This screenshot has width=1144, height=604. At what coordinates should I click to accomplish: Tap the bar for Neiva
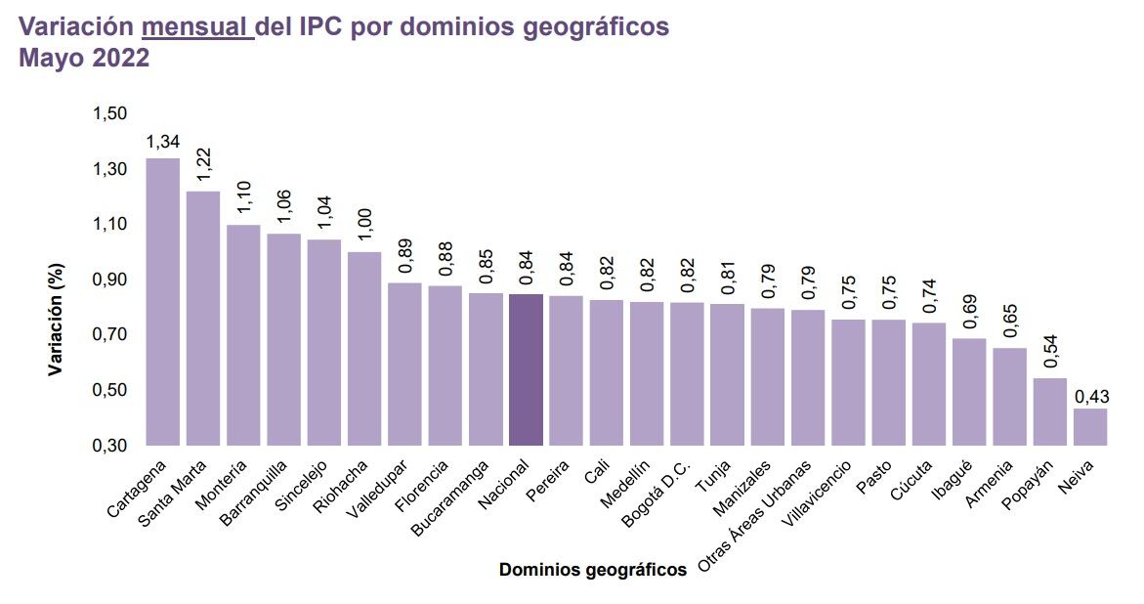click(1090, 427)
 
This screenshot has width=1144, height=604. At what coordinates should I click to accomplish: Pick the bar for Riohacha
click(364, 348)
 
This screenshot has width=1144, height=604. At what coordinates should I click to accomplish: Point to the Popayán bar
click(1050, 411)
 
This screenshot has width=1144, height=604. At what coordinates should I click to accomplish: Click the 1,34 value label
click(162, 143)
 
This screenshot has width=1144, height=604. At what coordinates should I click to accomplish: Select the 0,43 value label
click(1090, 397)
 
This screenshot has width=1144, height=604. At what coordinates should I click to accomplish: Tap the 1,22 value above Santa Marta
click(204, 163)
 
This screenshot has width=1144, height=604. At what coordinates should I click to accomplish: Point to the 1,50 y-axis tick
click(109, 114)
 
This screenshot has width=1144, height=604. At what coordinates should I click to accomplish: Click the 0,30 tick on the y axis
click(109, 446)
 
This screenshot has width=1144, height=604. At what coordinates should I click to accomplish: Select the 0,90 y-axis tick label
click(109, 280)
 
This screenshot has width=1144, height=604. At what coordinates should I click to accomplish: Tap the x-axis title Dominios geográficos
click(592, 569)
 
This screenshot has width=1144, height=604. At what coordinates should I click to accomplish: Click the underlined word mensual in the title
click(196, 26)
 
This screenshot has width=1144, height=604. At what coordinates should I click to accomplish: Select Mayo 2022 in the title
click(84, 58)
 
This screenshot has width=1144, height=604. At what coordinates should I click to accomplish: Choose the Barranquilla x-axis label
click(253, 493)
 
